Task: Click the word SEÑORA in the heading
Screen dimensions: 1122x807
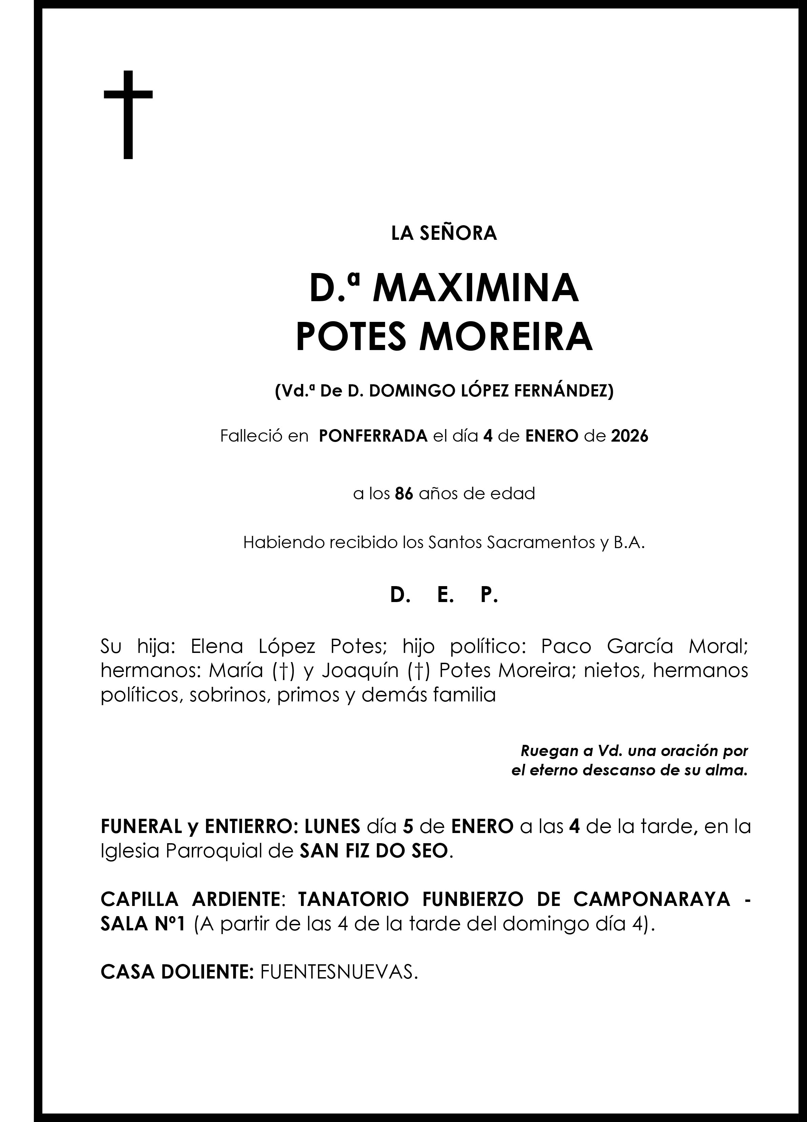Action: pyautogui.click(x=458, y=233)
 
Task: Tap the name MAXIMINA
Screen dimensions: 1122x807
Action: pyautogui.click(x=475, y=288)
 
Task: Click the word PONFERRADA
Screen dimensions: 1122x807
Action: pyautogui.click(x=374, y=436)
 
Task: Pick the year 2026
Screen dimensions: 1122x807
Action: pyautogui.click(x=629, y=436)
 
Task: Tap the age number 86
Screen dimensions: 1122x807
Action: pyautogui.click(x=404, y=494)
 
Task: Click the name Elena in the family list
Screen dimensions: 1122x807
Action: pyautogui.click(x=217, y=646)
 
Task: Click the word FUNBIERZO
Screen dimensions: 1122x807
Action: pyautogui.click(x=473, y=899)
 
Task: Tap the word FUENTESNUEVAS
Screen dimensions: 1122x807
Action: pyautogui.click(x=339, y=972)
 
